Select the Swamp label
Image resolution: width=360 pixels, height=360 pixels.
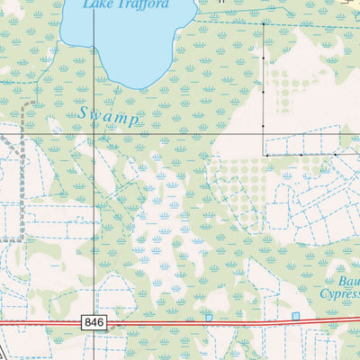click(108, 115)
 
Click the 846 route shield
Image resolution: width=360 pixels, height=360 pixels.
click(92, 321)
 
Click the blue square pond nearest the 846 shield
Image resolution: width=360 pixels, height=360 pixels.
click(209, 317)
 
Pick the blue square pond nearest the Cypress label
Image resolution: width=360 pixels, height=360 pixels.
click(295, 316)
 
